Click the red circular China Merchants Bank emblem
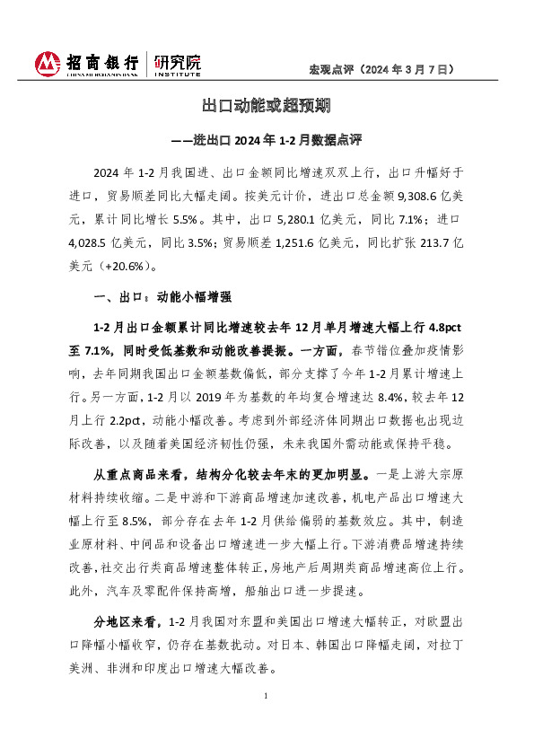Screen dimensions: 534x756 coord(48,65)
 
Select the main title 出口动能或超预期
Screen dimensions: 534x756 coord(267,107)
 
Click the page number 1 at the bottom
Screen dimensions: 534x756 coord(267,697)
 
